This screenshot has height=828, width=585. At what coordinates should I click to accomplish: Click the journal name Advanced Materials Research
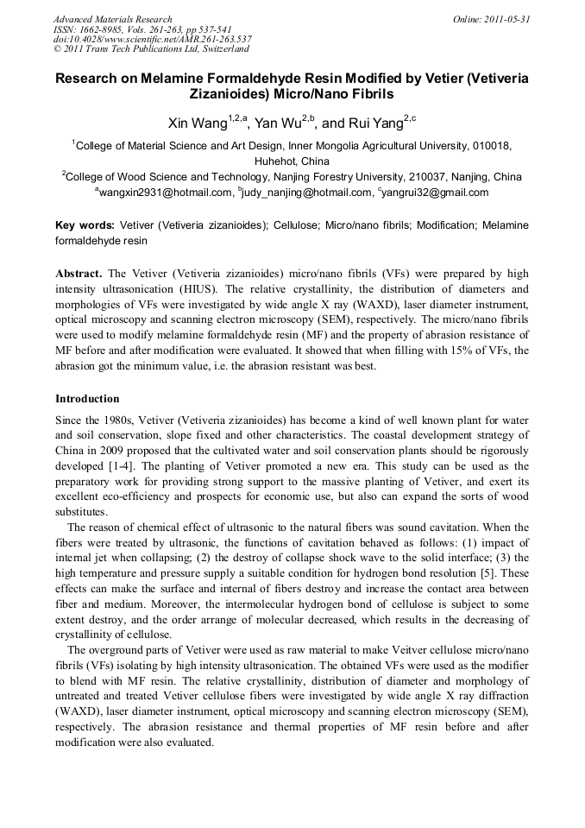tap(112, 19)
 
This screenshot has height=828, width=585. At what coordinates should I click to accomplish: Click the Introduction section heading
tap(87, 399)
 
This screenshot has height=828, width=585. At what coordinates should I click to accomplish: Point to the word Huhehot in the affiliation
tap(274, 161)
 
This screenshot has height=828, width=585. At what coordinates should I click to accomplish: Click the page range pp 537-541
tap(198, 29)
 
